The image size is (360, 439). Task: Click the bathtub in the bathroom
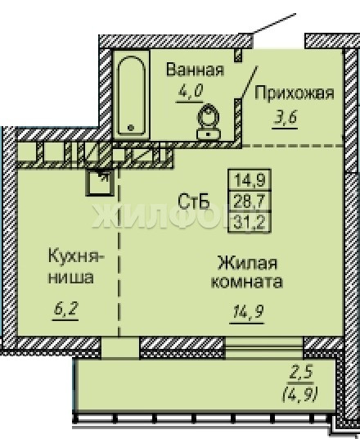(131, 95)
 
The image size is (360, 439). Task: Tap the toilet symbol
(209, 122)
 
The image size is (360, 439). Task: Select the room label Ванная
(196, 70)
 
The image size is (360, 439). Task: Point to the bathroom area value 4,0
(190, 91)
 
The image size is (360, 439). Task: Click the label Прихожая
(295, 93)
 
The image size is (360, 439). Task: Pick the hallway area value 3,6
(285, 118)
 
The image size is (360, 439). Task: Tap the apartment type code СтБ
(194, 201)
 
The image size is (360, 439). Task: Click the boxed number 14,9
(250, 180)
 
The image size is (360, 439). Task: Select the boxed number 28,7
(250, 201)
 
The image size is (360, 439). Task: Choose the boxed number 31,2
(250, 222)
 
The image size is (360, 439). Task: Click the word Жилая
(247, 263)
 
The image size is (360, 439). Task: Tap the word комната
(247, 282)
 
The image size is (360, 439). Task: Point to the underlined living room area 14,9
(247, 312)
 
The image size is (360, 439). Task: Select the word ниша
(70, 278)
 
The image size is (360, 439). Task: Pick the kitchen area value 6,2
(65, 309)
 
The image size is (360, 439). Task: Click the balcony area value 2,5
(301, 372)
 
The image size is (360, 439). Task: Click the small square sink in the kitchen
(100, 183)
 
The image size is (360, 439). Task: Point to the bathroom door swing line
(249, 82)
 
